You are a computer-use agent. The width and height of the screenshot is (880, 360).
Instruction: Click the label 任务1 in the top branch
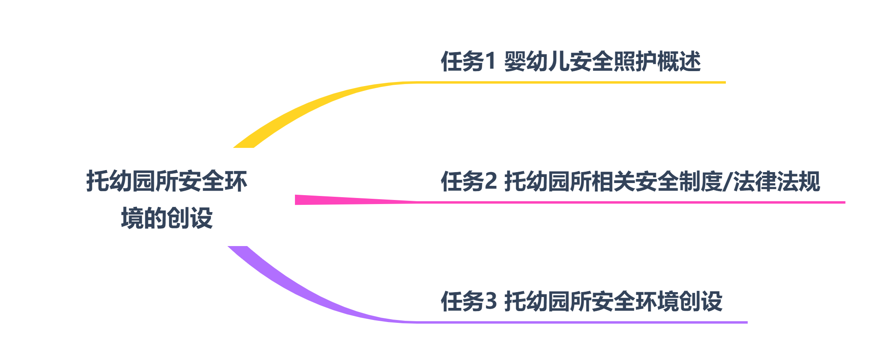[x=468, y=62]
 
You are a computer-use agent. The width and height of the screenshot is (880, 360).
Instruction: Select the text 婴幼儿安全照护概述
[x=602, y=62]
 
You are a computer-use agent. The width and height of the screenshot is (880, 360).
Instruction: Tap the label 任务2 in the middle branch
[x=469, y=181]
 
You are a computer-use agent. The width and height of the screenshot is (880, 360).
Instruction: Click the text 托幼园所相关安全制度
[x=613, y=181]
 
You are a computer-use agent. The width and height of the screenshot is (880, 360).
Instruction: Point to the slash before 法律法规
[x=727, y=181]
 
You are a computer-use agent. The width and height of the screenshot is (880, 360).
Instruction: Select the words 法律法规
[x=777, y=181]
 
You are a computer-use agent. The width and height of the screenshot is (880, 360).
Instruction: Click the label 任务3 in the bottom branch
[x=469, y=301]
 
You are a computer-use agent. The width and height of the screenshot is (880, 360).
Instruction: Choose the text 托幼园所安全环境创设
[x=613, y=301]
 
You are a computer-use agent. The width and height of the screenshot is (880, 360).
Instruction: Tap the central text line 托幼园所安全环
[x=167, y=181]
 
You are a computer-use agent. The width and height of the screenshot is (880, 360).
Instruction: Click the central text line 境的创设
[x=167, y=218]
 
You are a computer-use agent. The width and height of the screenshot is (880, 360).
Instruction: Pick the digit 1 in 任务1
[x=490, y=62]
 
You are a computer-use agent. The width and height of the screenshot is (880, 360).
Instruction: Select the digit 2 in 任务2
[x=490, y=181]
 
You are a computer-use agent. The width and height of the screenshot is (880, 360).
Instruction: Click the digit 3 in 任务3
[x=490, y=301]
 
